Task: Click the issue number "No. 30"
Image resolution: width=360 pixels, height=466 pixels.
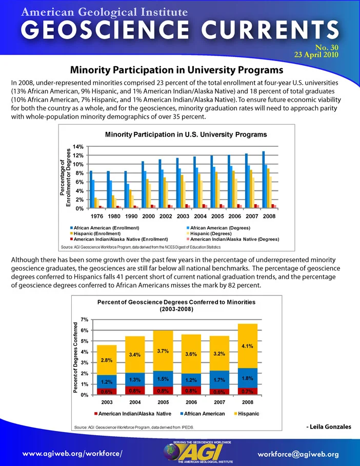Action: coord(327,48)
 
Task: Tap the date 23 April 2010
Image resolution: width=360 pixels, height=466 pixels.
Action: coord(316,55)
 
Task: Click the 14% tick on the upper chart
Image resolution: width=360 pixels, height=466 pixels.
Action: coord(78,146)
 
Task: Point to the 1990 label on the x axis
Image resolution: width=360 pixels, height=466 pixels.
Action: coord(131,217)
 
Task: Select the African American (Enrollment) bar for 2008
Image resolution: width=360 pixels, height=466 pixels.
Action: coord(264,180)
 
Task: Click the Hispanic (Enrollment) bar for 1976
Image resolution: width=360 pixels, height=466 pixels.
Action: coord(96,203)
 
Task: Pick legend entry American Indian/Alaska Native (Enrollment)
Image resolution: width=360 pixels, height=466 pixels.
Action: coord(119,239)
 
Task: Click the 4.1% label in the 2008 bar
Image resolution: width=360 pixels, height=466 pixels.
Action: coord(247,346)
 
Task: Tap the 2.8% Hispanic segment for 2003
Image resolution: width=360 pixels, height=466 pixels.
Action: coord(107,360)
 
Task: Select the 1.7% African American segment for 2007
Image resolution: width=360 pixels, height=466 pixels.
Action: coord(219,380)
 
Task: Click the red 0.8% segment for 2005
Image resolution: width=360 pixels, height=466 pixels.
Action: coord(163,391)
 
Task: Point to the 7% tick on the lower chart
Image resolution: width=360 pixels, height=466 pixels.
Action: coord(85,320)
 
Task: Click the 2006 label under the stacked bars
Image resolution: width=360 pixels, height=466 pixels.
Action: coord(191,402)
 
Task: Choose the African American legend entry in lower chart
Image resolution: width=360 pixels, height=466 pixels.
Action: coord(203,414)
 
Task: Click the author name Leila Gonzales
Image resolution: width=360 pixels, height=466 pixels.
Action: coord(329,427)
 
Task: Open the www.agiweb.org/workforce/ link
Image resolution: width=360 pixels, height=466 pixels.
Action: coord(72,454)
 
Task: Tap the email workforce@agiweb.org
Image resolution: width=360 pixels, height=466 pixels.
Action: coord(298,454)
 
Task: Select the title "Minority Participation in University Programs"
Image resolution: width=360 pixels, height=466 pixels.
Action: coord(177,70)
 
